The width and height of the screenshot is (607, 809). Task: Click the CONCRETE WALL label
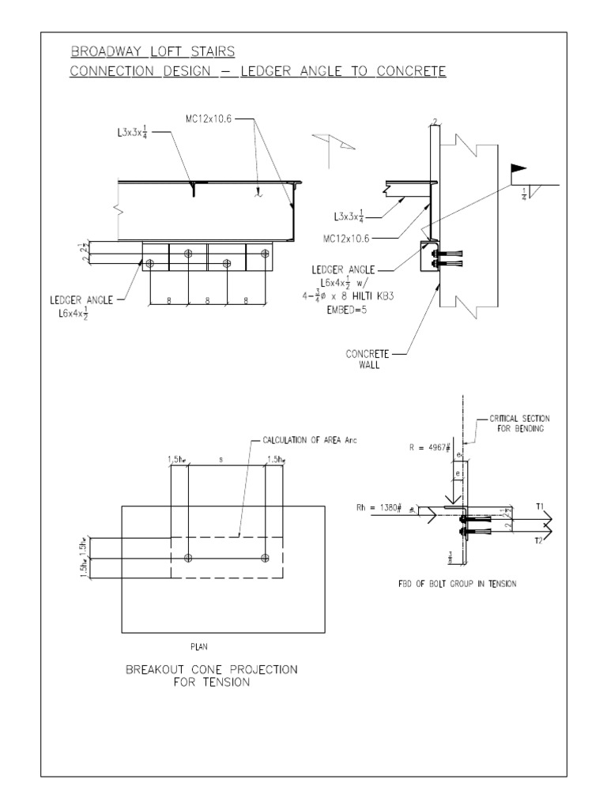[x=368, y=359]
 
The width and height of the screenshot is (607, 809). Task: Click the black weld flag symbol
[x=518, y=167]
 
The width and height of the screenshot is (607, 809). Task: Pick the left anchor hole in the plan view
[x=188, y=559]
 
